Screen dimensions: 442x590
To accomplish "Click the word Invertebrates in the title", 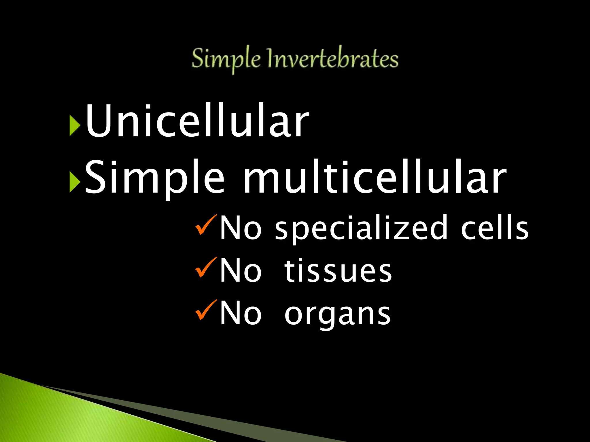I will point(333,59).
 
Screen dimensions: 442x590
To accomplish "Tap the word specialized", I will point(361,229).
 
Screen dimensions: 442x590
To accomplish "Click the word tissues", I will point(338,270).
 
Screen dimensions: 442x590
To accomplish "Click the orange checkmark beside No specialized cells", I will point(205,225).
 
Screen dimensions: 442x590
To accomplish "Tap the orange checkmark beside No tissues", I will point(205,267).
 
